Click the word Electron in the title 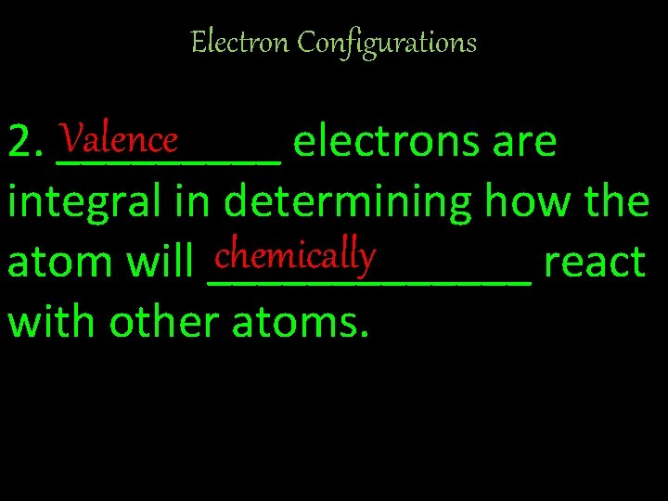coord(226,42)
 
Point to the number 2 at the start coord(19,143)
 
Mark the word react coord(595,263)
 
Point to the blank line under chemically coord(369,280)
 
